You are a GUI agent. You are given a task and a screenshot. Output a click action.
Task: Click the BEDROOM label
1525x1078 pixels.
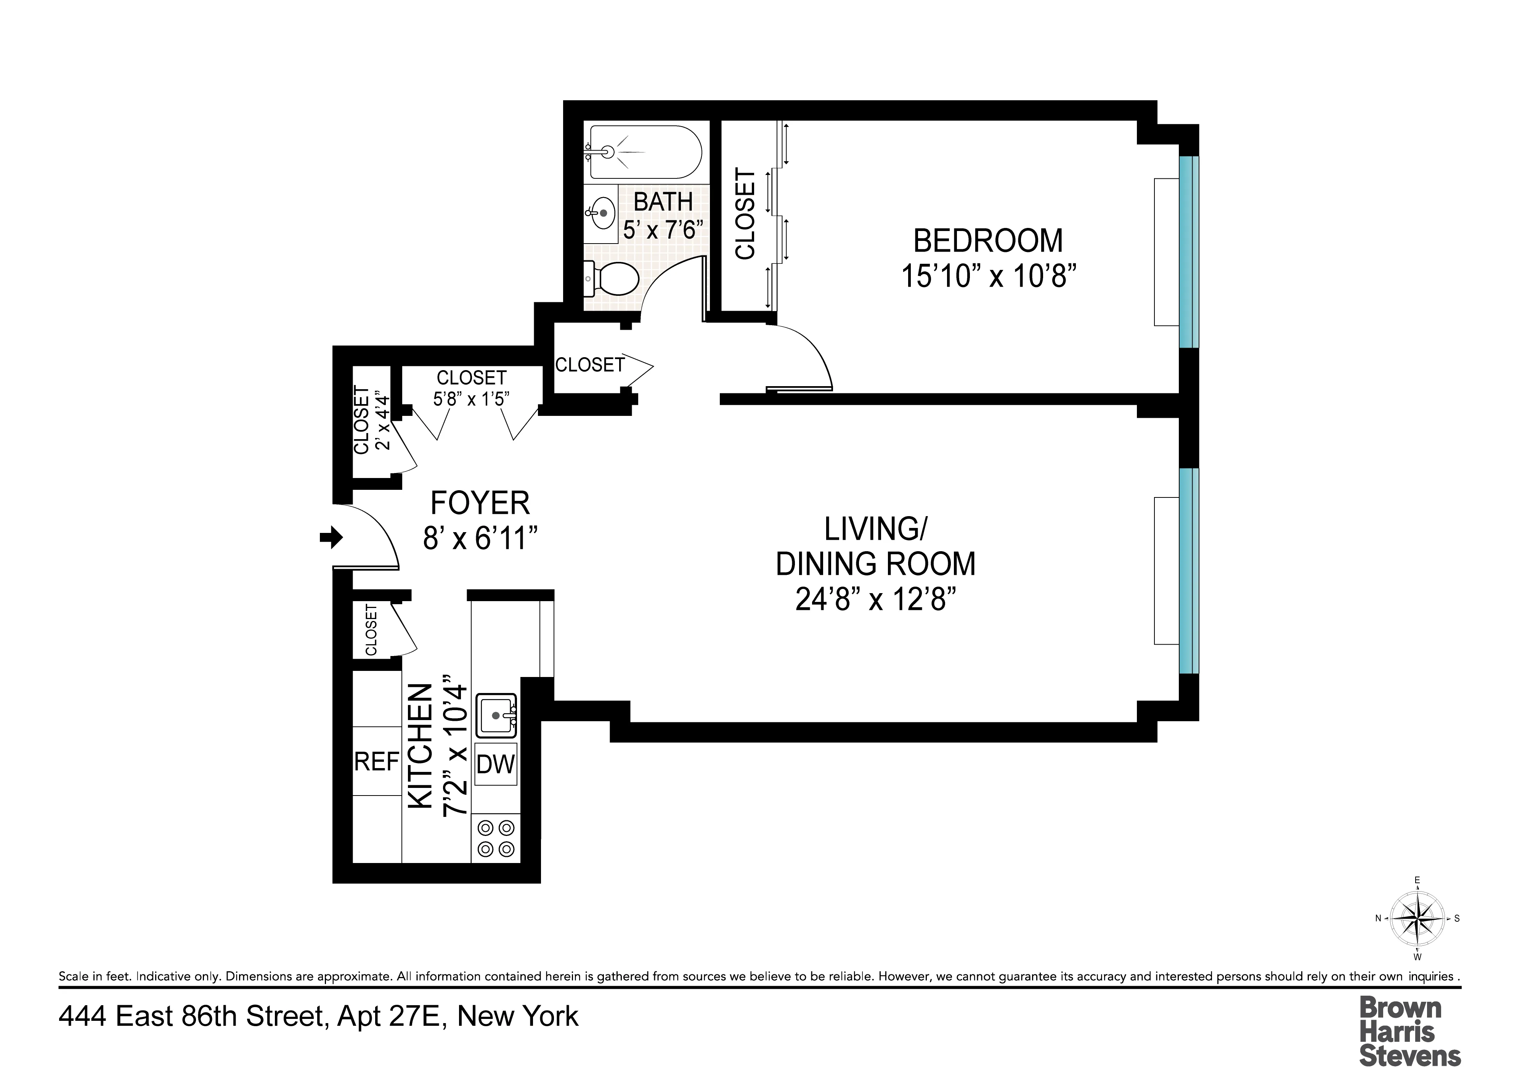[x=988, y=241]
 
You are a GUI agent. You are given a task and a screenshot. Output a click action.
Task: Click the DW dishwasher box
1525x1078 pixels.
[x=496, y=765]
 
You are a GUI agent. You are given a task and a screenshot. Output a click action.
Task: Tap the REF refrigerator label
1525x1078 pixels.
[x=377, y=762]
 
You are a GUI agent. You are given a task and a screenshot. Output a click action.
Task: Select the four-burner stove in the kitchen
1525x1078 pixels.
[x=496, y=838]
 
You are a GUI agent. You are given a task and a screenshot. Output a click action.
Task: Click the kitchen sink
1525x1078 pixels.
[x=496, y=715]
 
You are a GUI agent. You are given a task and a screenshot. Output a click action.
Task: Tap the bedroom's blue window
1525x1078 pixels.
[x=1188, y=252]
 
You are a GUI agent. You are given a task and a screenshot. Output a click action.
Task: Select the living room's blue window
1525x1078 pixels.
[x=1188, y=571]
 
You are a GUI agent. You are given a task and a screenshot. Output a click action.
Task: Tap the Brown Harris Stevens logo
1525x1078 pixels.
[x=1409, y=1031]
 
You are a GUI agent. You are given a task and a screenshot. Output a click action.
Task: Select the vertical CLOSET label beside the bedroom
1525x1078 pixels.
[x=746, y=214]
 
